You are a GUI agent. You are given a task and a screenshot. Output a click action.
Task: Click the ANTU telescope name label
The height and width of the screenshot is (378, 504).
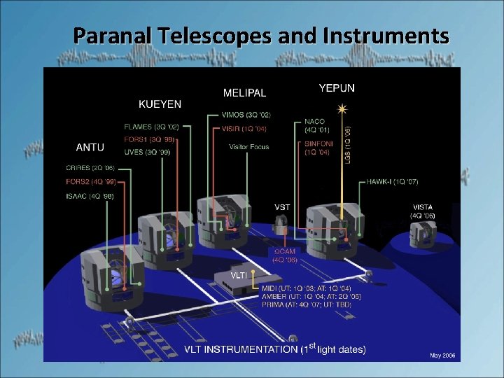(x=90, y=147)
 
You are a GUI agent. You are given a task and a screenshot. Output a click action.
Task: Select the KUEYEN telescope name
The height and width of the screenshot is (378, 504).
(x=160, y=104)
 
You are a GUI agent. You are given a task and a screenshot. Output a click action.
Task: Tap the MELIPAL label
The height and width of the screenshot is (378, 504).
(x=244, y=92)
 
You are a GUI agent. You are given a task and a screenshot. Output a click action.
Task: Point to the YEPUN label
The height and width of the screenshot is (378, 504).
(x=337, y=88)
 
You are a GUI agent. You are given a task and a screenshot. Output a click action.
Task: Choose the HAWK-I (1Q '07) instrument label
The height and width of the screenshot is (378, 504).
(x=392, y=182)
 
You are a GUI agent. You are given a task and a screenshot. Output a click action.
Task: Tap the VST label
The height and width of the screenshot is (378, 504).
(x=282, y=207)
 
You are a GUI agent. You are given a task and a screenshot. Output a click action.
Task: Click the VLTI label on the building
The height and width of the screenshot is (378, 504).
(x=239, y=275)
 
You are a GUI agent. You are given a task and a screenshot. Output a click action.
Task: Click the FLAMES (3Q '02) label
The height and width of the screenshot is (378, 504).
(x=151, y=127)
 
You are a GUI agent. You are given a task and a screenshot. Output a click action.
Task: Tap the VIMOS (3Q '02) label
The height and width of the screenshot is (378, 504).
(x=245, y=115)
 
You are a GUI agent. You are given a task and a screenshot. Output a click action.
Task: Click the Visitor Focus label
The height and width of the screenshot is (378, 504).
(x=248, y=147)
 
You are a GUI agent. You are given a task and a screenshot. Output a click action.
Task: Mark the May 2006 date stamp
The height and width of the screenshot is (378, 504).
(x=442, y=356)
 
